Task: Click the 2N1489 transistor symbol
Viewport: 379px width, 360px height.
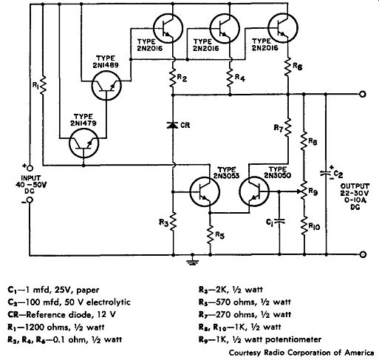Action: (106, 86)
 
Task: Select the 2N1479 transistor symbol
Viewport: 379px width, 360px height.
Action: (84, 143)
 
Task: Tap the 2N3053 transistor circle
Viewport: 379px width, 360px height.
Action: (205, 191)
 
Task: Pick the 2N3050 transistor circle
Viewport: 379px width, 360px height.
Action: (254, 191)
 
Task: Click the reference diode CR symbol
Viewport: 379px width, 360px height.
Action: (173, 125)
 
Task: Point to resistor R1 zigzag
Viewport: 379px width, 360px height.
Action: (43, 85)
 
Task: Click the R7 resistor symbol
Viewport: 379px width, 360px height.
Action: (287, 127)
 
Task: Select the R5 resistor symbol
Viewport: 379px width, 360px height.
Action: (210, 235)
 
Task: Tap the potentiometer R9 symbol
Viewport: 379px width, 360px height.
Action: (304, 191)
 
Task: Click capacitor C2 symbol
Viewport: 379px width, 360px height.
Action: (326, 174)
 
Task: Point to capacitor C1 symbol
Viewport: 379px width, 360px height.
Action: (279, 221)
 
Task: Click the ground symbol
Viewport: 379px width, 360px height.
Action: (193, 260)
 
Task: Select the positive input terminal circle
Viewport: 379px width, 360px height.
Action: (30, 169)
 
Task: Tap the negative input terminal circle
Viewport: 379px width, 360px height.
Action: (30, 200)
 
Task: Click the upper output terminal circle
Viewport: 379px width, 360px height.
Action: (363, 94)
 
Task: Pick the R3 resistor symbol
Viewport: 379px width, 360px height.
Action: (173, 221)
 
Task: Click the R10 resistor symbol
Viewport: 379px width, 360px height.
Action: (304, 225)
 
